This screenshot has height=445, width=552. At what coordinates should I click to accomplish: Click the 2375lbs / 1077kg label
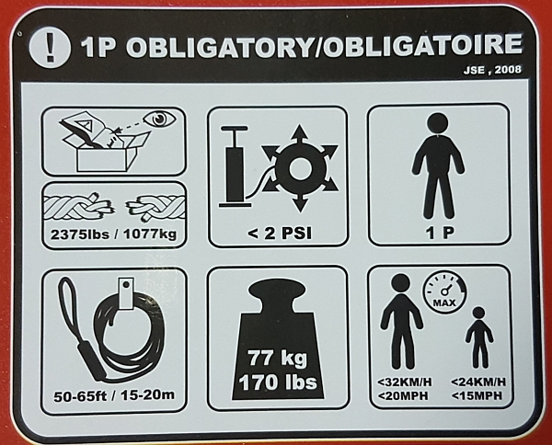tap(115, 231)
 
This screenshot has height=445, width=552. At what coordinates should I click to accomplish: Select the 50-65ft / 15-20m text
tap(114, 398)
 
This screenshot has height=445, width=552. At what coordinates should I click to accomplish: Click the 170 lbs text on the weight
tap(277, 379)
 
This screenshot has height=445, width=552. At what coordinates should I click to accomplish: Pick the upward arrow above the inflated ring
tap(301, 132)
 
